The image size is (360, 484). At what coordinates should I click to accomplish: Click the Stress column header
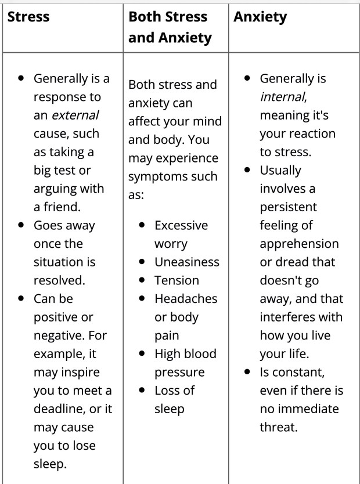coord(28,17)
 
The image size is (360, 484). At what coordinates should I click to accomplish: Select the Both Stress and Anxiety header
coord(170,28)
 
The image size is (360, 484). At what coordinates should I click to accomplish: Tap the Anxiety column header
coord(260,17)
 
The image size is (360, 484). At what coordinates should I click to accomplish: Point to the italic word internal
coord(282,97)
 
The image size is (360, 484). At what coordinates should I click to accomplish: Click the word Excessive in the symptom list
coord(181,225)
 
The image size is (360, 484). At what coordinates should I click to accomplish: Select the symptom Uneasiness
coord(186,262)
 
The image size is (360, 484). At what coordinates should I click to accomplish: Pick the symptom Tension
coord(177,280)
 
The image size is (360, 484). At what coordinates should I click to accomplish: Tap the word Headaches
coord(185,299)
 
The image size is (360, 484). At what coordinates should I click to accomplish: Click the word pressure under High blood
coord(179,372)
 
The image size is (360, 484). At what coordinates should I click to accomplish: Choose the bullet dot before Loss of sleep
coord(142,391)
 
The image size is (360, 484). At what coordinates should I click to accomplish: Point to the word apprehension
coord(299,244)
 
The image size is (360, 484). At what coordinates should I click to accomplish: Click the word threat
coord(278,427)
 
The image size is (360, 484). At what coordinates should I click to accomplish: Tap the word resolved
coord(59,280)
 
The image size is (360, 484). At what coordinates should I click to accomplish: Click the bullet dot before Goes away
coord(21,225)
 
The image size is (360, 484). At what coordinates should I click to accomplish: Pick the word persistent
coord(288,207)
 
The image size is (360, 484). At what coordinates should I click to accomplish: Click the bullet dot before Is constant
coord(248,372)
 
